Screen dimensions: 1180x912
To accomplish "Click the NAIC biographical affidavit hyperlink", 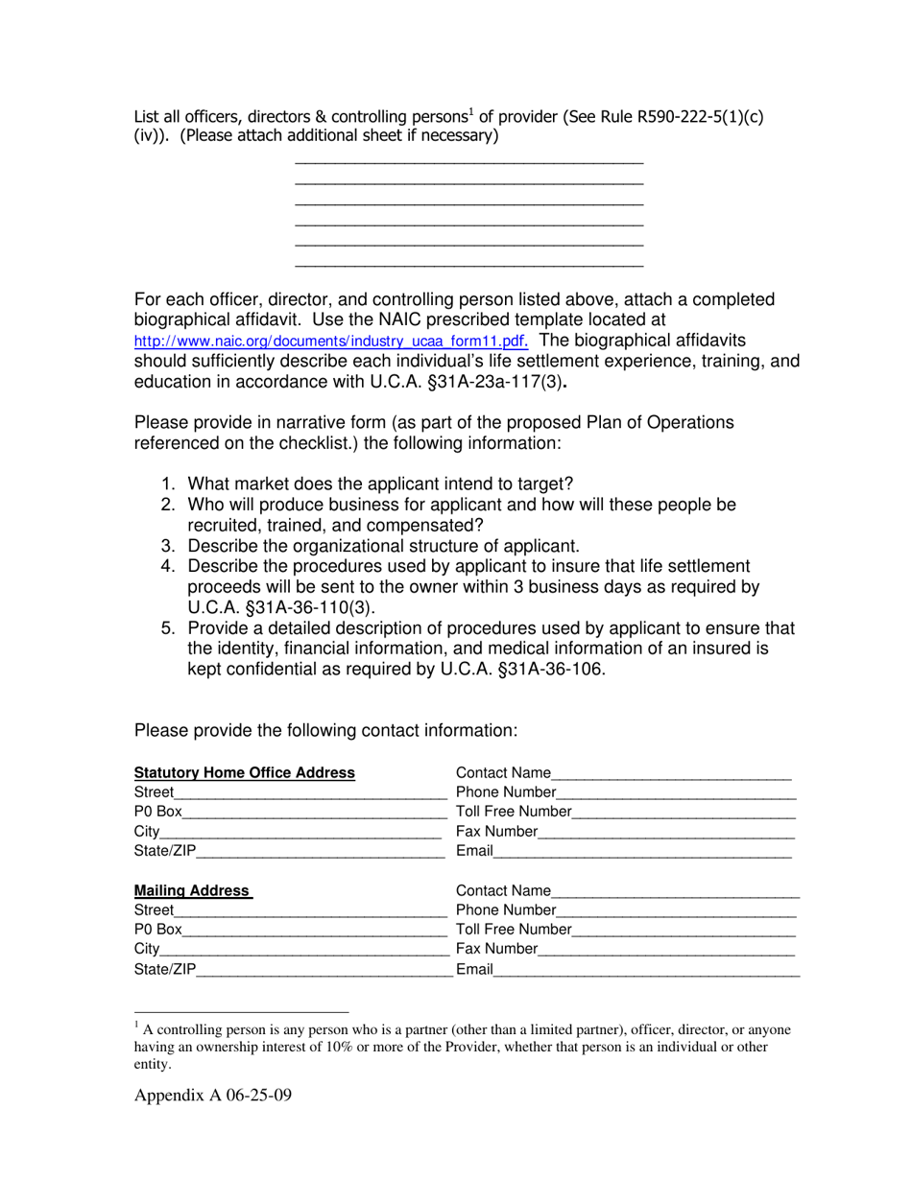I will (x=330, y=342).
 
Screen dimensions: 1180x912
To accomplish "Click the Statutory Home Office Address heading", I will (x=245, y=773).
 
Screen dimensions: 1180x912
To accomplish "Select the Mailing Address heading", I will (x=192, y=890).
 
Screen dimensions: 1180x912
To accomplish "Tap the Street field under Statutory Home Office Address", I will (x=311, y=793).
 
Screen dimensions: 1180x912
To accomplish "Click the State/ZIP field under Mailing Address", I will (x=324, y=969).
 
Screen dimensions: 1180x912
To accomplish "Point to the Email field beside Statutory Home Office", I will (x=641, y=851).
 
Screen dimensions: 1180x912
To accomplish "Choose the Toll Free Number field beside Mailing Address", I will (x=684, y=930).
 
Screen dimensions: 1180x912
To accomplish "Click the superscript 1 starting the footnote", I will (x=137, y=1025).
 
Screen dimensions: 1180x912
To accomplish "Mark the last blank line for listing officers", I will (x=469, y=265).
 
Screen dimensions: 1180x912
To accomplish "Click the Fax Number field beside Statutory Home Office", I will (x=666, y=832).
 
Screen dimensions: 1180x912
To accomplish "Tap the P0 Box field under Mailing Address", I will (x=314, y=930).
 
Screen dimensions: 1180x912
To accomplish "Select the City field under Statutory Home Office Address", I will (x=300, y=832).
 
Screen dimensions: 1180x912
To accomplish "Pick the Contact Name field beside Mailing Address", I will (x=675, y=891).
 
